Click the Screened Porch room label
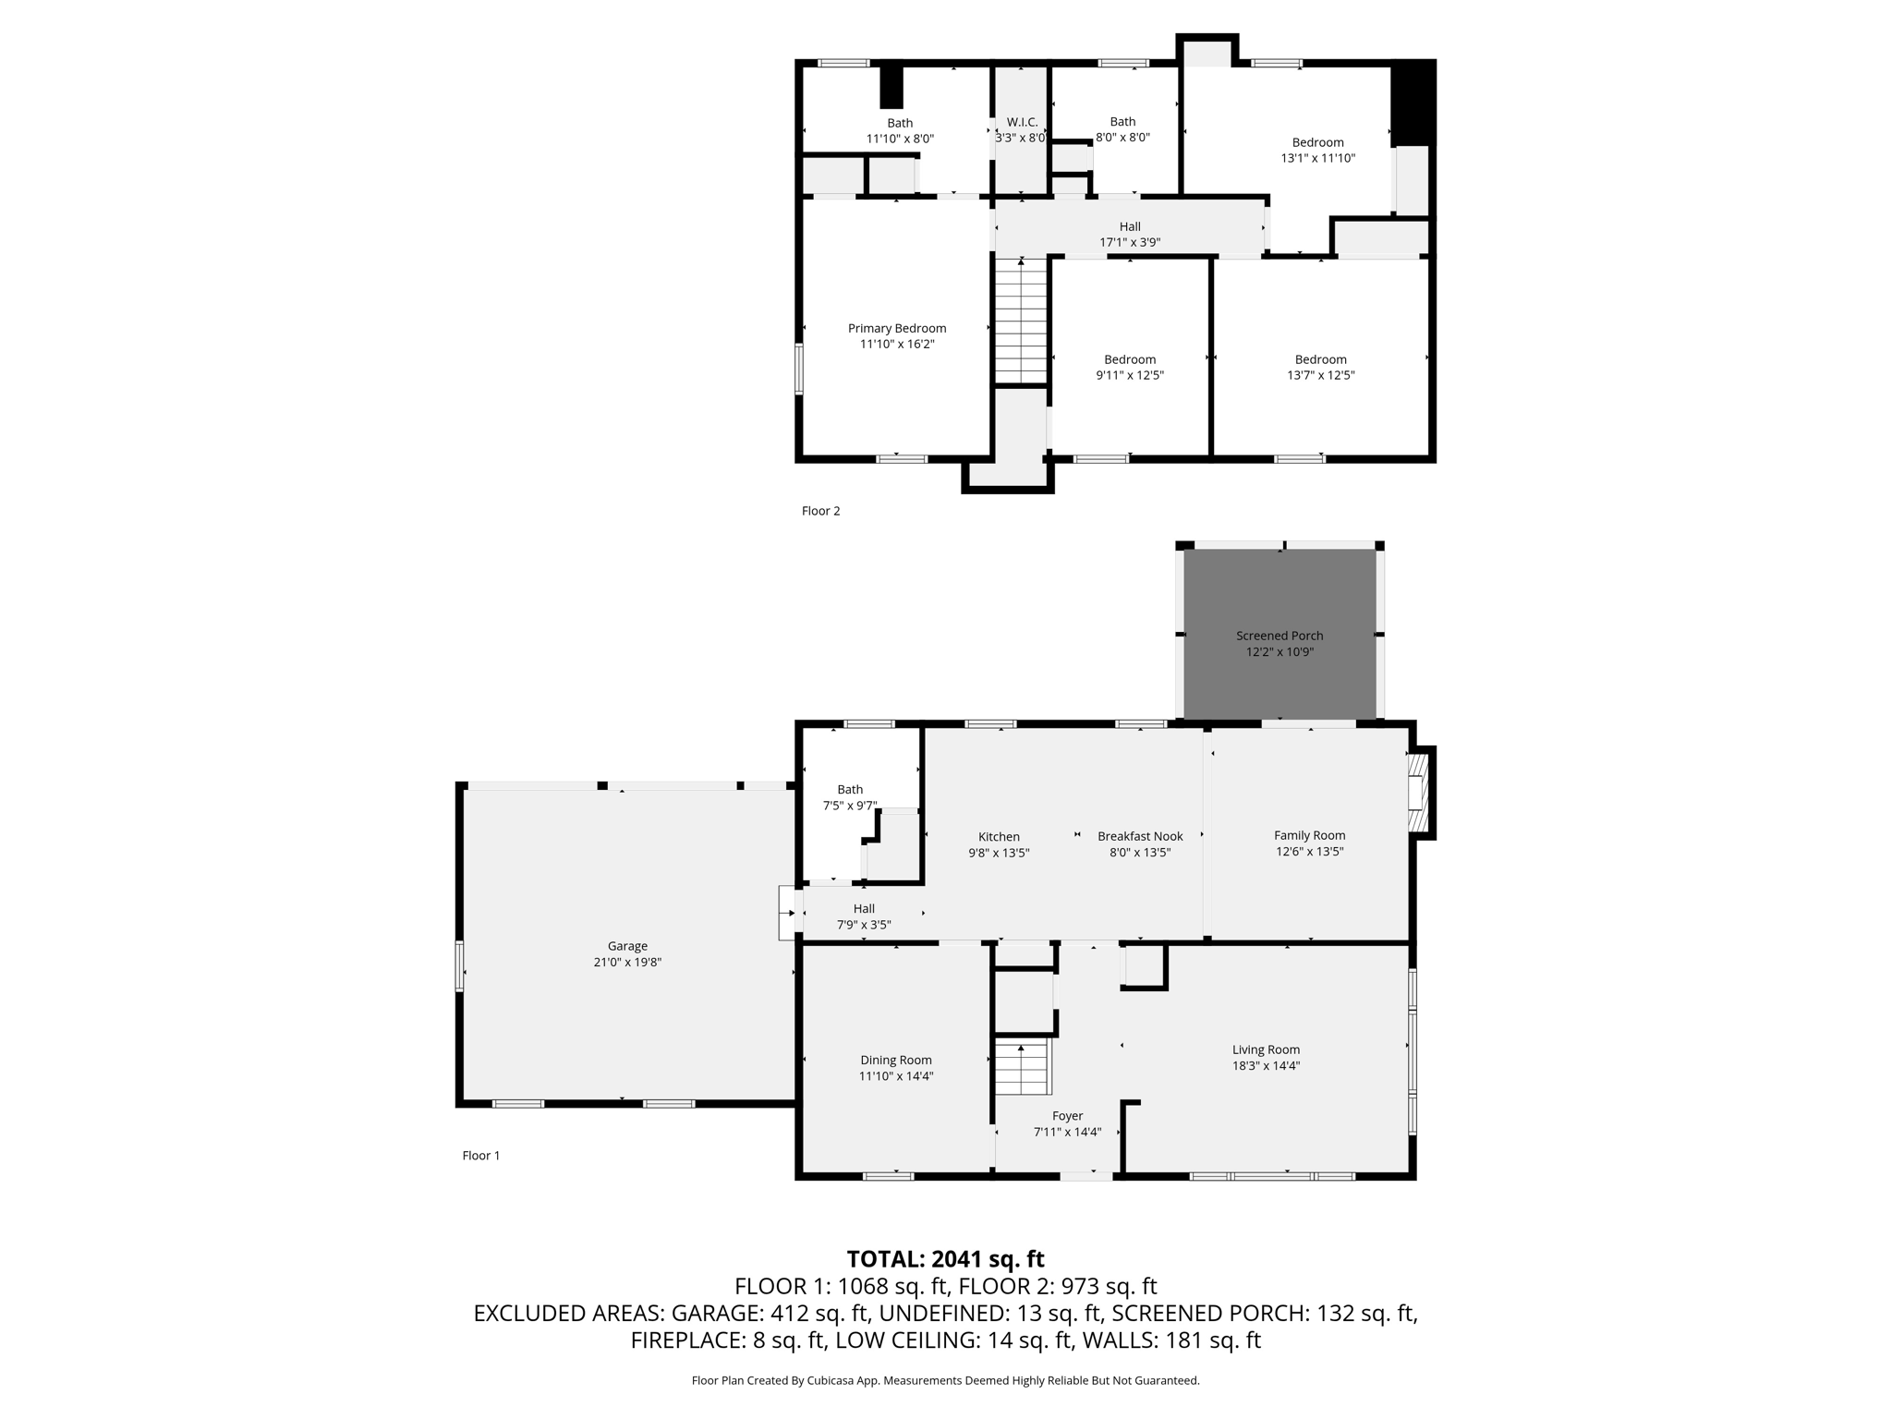(1279, 636)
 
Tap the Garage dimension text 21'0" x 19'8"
(627, 962)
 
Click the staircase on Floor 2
(1020, 321)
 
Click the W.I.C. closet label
(1022, 122)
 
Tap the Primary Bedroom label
(897, 328)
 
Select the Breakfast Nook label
(1140, 836)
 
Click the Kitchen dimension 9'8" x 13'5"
(999, 853)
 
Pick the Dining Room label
(895, 1060)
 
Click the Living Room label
(1266, 1049)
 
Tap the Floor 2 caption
(820, 511)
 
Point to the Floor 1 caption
(480, 1155)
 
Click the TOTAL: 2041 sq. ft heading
(945, 1258)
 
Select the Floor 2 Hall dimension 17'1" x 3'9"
(1129, 242)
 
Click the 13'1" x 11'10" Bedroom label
(1317, 142)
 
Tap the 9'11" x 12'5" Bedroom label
(1129, 359)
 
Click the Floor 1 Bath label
(850, 789)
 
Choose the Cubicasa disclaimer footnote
(945, 1380)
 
